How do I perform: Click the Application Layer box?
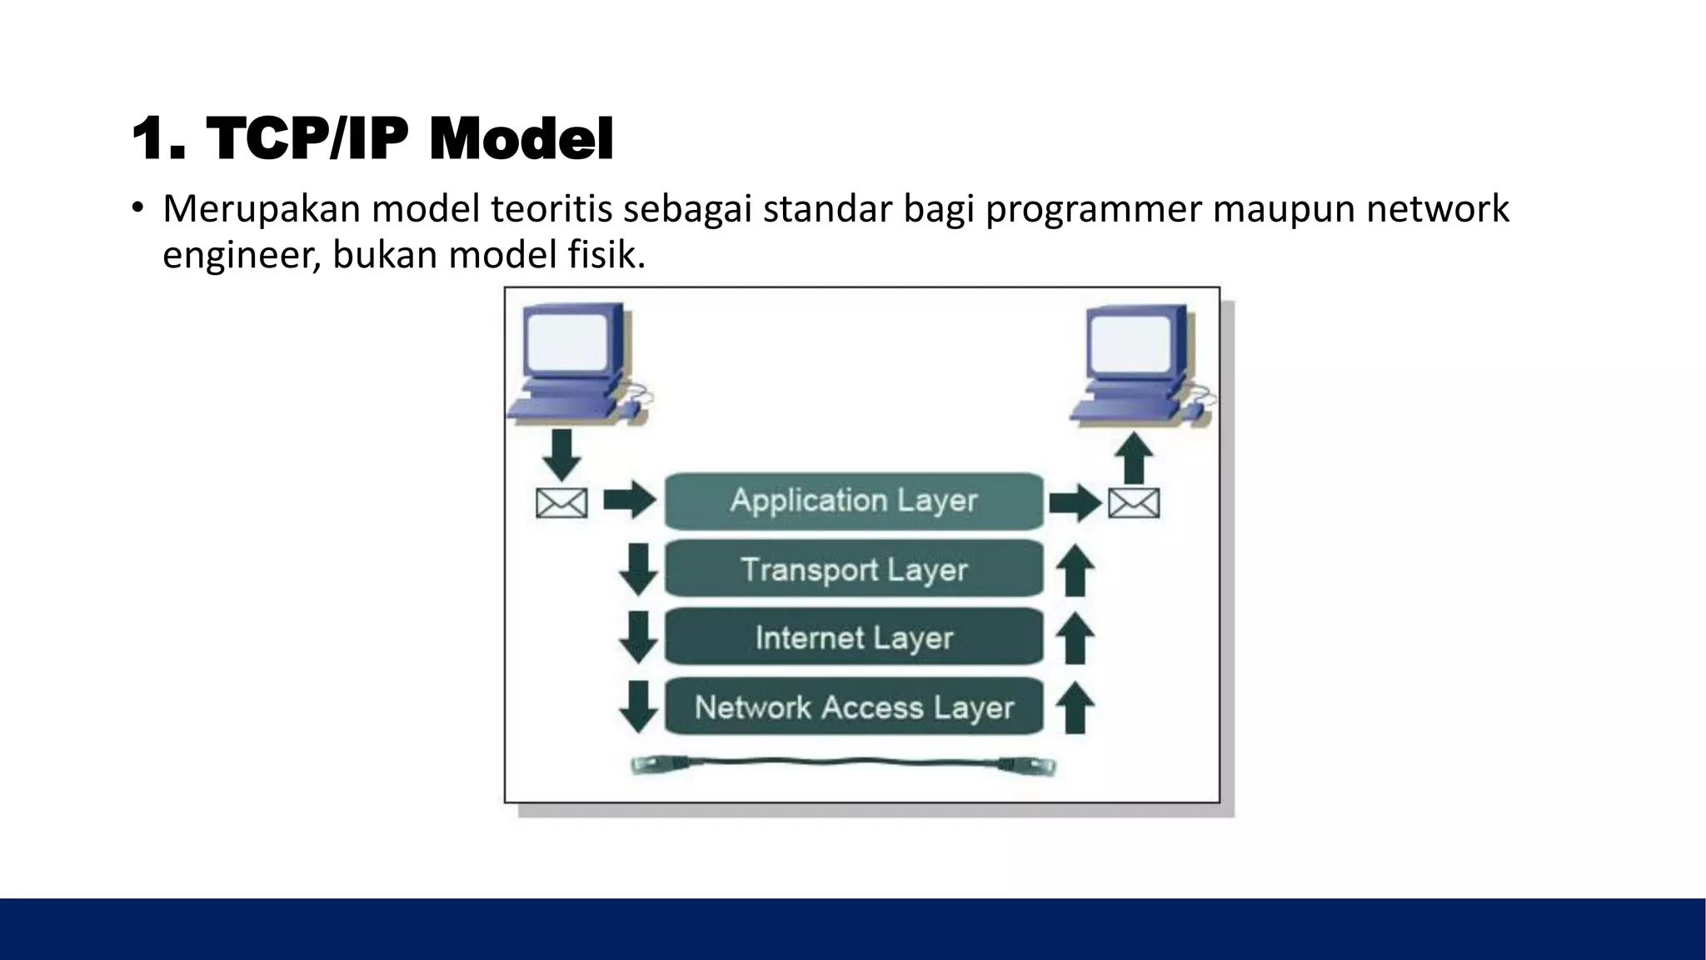pos(854,501)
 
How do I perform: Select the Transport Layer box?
pos(854,569)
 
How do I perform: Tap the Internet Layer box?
pos(854,637)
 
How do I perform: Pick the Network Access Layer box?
pos(854,707)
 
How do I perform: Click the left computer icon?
pos(575,362)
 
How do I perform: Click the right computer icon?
pos(1140,365)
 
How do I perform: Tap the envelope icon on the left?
pos(561,502)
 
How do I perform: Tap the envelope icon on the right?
pos(1134,502)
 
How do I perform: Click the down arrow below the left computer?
pos(562,455)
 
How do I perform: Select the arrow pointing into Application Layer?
pos(630,500)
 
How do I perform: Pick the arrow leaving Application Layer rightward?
pos(1075,502)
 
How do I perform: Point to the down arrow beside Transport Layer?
pos(638,569)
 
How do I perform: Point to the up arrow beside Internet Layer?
pos(1075,637)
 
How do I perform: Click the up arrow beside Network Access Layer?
pos(1075,707)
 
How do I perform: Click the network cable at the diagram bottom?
pos(843,763)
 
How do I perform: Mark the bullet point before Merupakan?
pos(137,207)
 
